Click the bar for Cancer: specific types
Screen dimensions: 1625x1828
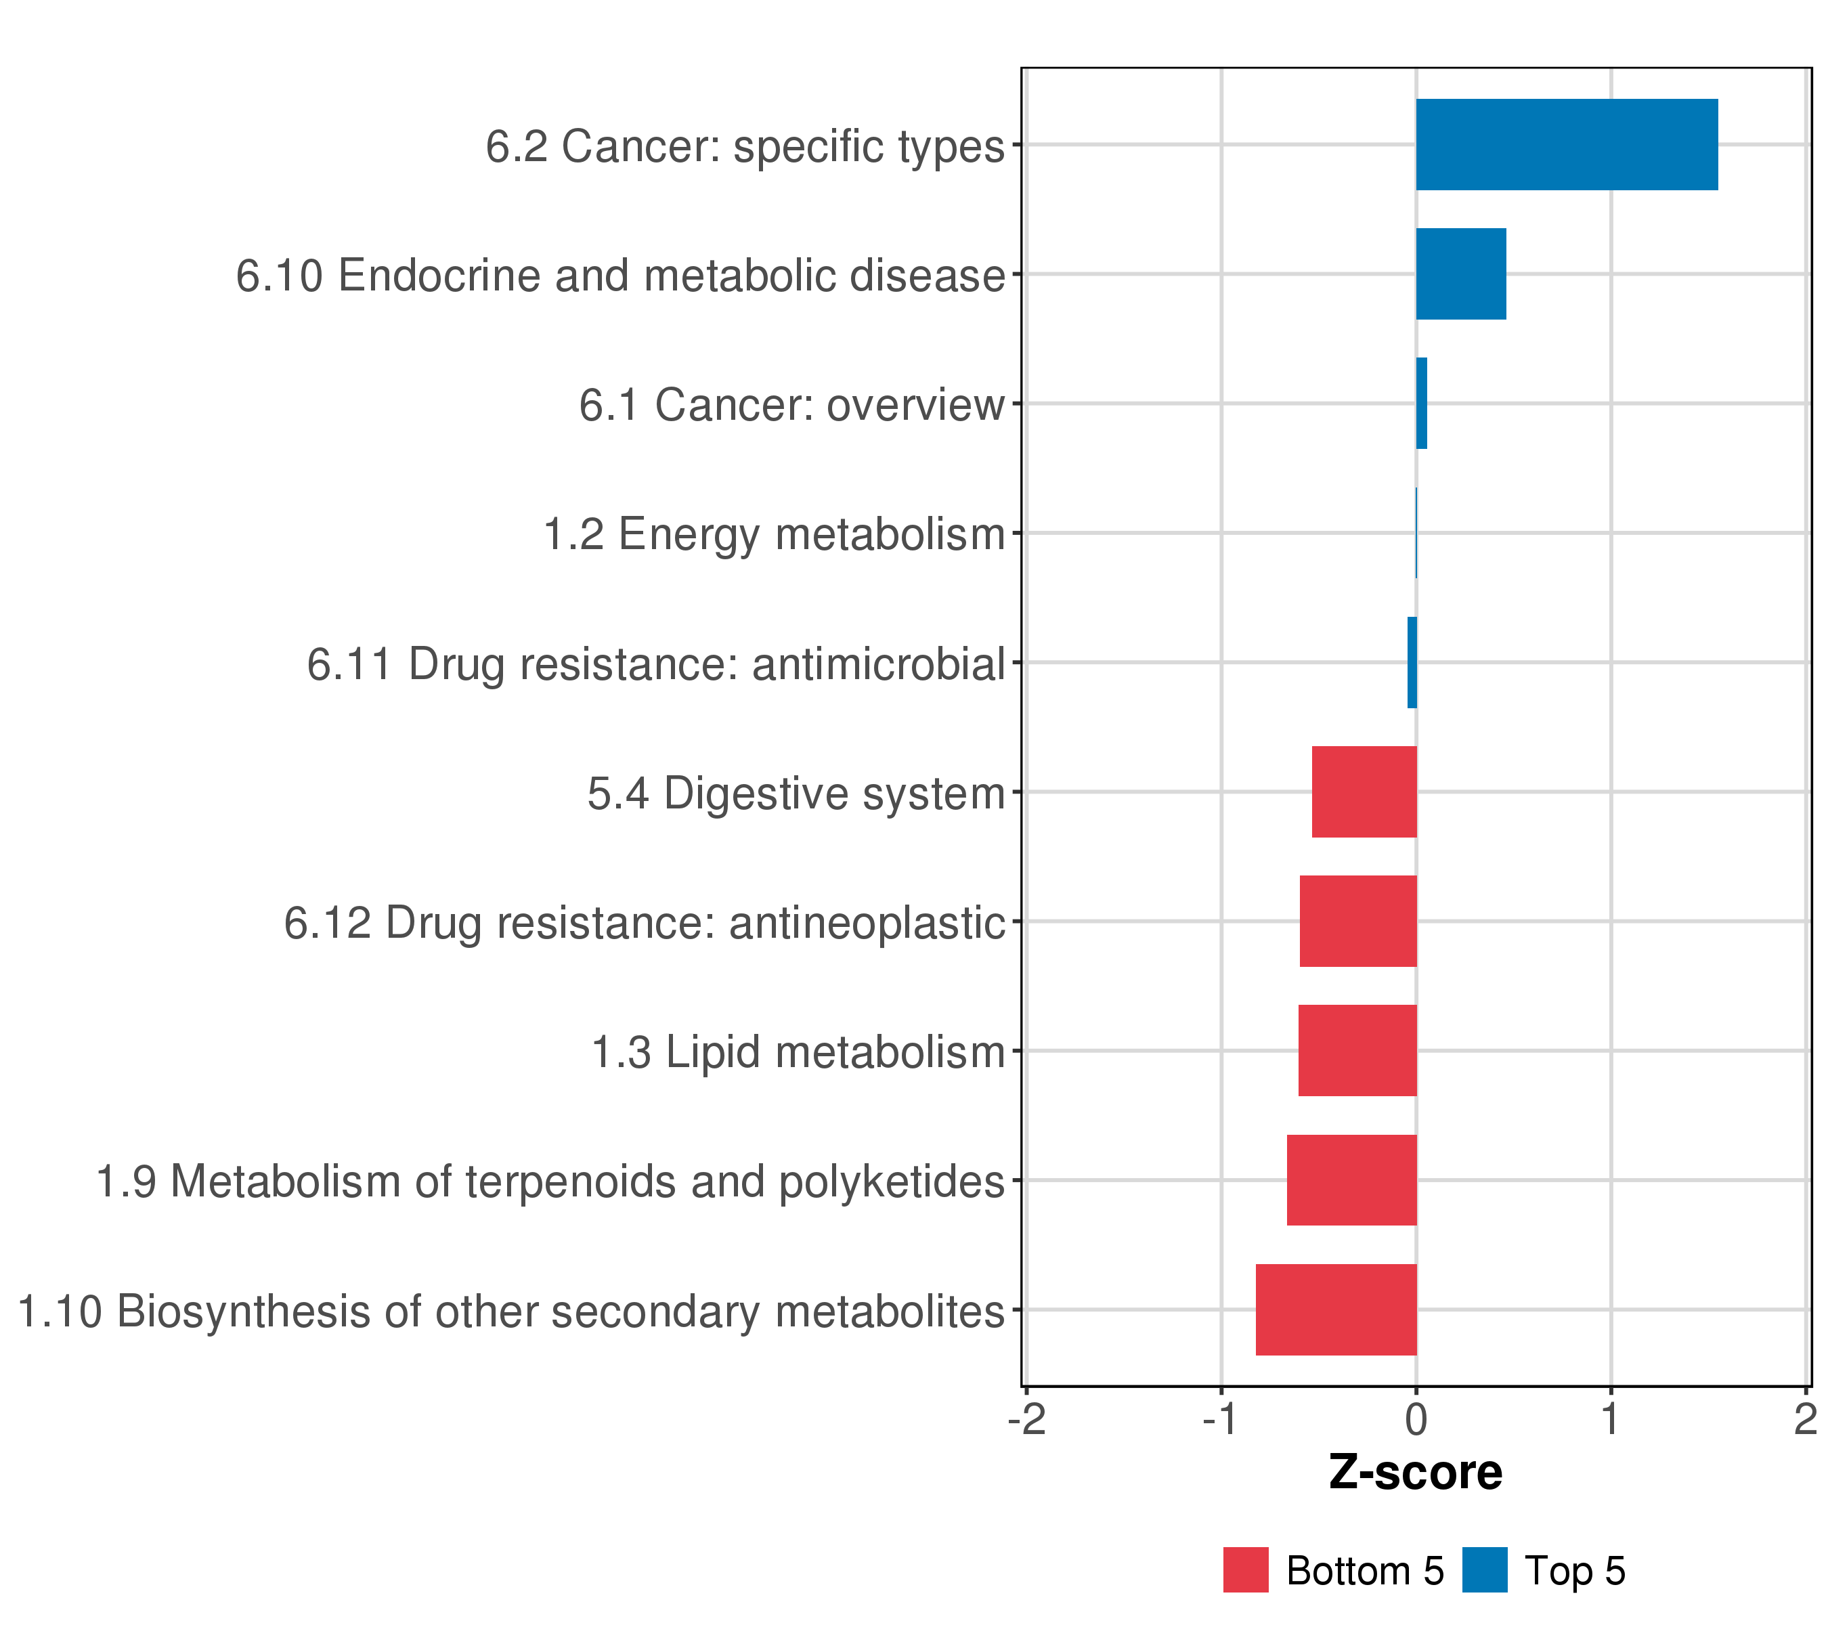click(1566, 145)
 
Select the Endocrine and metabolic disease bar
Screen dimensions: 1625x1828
click(1460, 274)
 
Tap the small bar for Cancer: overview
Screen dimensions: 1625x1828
click(1421, 404)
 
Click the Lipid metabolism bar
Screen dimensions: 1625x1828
click(1357, 1050)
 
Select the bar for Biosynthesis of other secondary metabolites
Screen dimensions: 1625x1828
click(1335, 1309)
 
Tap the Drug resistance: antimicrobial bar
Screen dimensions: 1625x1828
click(1412, 663)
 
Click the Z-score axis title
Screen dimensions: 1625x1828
click(1416, 1473)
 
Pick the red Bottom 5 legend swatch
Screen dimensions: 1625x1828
click(1246, 1570)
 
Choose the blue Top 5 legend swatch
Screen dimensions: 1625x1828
click(1485, 1570)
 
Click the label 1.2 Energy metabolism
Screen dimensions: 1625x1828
click(775, 535)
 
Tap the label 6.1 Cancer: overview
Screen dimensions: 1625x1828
click(791, 405)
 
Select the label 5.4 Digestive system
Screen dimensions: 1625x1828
click(796, 794)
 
